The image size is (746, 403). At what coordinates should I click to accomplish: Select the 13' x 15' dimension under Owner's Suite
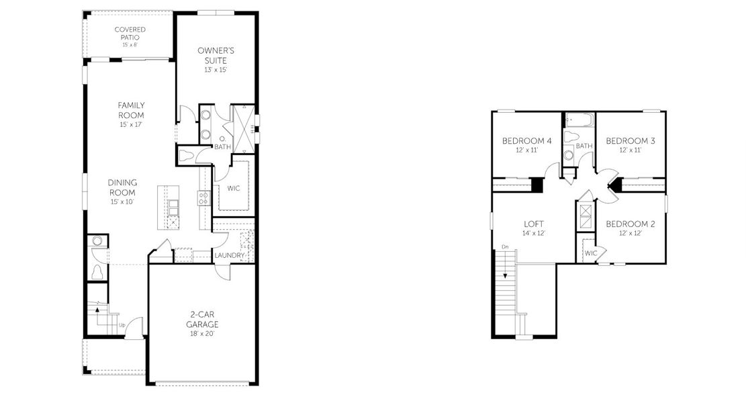tap(216, 70)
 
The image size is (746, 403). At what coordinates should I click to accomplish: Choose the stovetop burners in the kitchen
tap(203, 197)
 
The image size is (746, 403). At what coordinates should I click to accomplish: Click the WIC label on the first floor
tap(234, 188)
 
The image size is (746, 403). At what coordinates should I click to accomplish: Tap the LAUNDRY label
tap(229, 255)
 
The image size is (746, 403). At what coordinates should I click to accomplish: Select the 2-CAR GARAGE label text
tap(201, 318)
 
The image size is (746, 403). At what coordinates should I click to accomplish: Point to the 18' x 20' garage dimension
tap(201, 334)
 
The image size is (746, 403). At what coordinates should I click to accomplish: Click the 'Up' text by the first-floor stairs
tap(122, 326)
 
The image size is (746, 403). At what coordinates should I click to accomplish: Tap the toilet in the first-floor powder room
tap(97, 272)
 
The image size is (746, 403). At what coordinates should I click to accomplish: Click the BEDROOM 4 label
tap(527, 141)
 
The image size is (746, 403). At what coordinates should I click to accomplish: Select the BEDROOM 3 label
tap(630, 141)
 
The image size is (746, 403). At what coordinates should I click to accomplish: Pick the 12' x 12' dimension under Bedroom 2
tap(630, 233)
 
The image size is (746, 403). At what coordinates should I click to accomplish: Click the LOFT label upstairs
tap(534, 224)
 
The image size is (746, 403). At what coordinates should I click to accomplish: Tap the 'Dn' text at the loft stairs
tap(505, 248)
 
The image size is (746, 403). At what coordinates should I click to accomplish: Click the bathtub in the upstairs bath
tap(579, 122)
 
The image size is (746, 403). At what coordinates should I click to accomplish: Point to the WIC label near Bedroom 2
tap(590, 253)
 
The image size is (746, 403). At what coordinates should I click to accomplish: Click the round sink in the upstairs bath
tap(569, 155)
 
